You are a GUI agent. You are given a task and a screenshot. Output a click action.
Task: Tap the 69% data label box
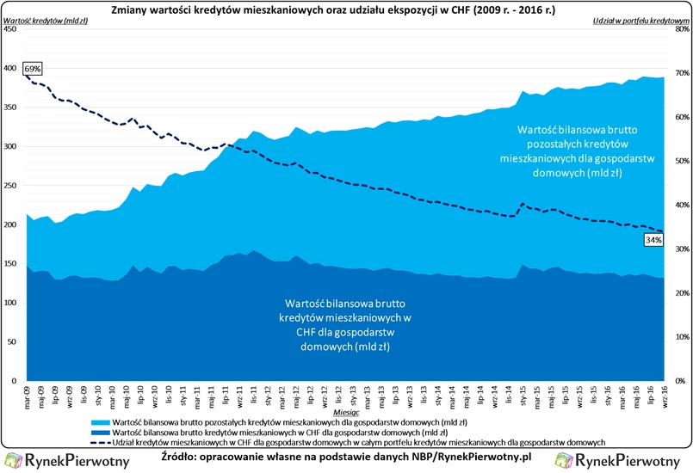32,68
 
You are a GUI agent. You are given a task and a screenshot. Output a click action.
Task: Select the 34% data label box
653,241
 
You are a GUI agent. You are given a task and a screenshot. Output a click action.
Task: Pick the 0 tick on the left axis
12,381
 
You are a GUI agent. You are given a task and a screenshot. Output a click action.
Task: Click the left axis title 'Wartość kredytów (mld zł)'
49,20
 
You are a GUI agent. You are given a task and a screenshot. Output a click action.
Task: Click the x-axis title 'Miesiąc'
344,414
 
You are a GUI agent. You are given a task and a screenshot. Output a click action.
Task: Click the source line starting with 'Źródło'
346,458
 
